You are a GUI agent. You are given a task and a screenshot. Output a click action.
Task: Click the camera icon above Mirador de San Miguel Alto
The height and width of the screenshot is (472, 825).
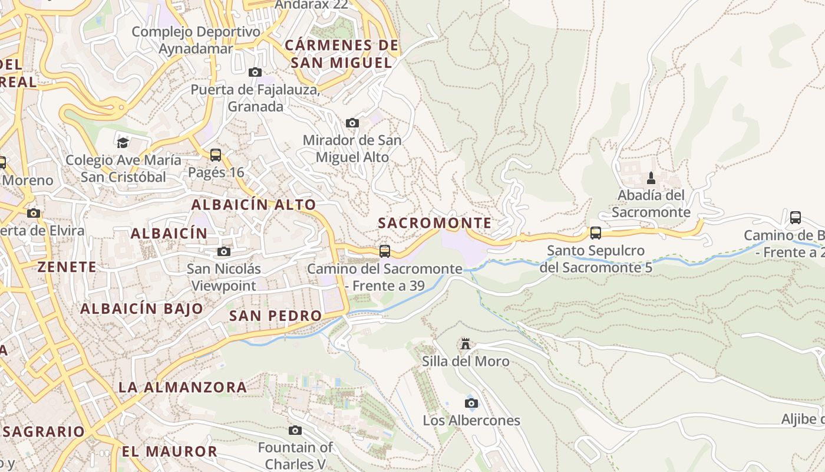click(x=352, y=123)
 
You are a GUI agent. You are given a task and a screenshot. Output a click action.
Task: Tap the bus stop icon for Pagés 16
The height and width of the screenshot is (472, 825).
click(x=216, y=155)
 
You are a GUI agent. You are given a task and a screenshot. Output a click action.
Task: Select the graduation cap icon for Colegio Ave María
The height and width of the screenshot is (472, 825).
click(x=123, y=143)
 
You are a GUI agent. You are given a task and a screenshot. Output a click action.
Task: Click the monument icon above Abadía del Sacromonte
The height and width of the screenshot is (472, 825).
click(x=651, y=178)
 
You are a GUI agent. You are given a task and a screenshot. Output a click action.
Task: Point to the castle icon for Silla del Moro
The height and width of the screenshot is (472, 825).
click(x=466, y=343)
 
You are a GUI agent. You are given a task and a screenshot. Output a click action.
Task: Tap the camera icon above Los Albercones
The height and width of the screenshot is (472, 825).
click(x=471, y=403)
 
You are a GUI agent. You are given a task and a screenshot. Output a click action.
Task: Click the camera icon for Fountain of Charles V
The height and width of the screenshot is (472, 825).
click(x=295, y=430)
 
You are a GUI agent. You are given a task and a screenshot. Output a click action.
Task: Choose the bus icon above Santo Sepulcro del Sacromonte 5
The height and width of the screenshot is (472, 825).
click(x=596, y=232)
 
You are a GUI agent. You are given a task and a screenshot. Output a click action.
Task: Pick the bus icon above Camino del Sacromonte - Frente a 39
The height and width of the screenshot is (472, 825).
click(x=385, y=251)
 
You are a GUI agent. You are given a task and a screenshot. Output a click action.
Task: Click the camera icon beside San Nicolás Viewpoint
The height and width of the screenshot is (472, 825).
click(x=223, y=252)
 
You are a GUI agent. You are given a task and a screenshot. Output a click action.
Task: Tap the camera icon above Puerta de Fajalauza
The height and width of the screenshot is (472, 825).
click(x=255, y=72)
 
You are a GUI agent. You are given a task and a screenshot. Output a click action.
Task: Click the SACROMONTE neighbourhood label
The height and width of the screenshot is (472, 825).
click(x=434, y=223)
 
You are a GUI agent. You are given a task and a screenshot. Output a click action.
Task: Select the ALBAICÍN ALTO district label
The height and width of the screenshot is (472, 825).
click(x=254, y=205)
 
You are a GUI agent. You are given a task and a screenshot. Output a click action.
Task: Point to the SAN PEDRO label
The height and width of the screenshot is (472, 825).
click(x=275, y=316)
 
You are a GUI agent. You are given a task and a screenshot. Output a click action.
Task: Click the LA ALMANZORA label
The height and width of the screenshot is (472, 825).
click(x=183, y=388)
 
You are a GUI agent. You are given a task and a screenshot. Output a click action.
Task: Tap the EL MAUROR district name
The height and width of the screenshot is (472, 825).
click(x=170, y=452)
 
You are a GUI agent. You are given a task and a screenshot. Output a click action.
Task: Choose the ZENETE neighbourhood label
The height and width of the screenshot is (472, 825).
click(x=67, y=267)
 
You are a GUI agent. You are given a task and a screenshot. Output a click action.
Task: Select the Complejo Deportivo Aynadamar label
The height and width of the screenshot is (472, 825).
click(x=196, y=40)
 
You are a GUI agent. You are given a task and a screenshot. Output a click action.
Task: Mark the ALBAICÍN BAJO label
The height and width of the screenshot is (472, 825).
click(x=141, y=309)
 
